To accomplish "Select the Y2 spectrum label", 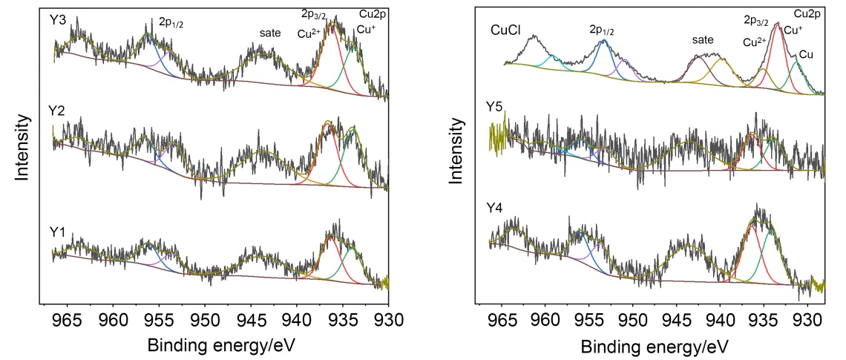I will point(57,111).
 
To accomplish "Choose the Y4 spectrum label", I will point(496,219).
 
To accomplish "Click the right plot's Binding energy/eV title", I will point(655,346).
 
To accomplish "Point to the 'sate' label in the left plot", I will point(270,33).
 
